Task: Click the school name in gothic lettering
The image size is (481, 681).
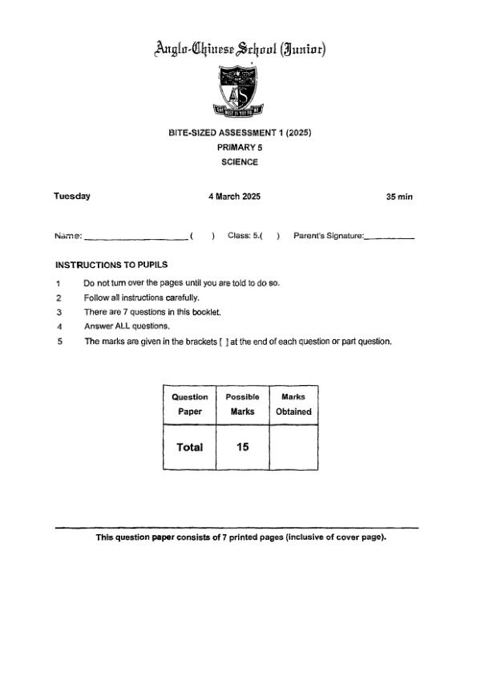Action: (x=240, y=50)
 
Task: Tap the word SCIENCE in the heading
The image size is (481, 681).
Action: (x=240, y=162)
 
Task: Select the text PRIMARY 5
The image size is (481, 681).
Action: (x=240, y=148)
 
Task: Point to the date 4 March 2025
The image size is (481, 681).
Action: (x=234, y=197)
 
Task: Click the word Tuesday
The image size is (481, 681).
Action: (x=72, y=197)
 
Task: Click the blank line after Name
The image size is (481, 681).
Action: (x=135, y=237)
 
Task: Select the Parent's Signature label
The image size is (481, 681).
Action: (x=329, y=236)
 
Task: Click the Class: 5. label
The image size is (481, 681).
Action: (x=245, y=236)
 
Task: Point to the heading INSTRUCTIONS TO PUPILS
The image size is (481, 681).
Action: (x=111, y=265)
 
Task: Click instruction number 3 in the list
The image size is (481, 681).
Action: (x=59, y=312)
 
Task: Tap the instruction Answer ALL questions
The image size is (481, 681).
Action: (x=127, y=326)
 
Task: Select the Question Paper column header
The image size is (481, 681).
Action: (x=190, y=404)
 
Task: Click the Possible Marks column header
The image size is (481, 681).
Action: (x=242, y=404)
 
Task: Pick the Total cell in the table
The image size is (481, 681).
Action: (x=190, y=448)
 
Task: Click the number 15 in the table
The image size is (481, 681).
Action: (x=242, y=447)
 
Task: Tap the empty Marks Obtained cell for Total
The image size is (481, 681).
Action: (x=293, y=448)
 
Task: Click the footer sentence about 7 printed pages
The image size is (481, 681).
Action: (x=240, y=537)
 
